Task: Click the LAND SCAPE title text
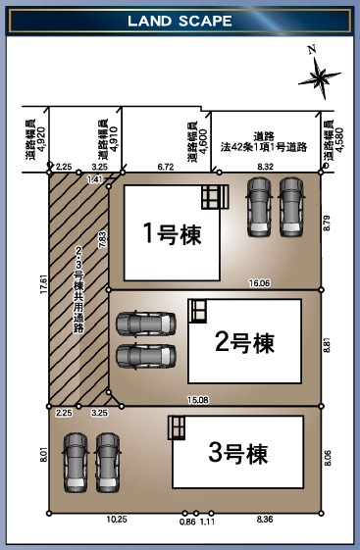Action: click(180, 21)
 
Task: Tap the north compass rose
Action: click(319, 76)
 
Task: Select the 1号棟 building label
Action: click(172, 233)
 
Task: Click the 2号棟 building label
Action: click(244, 342)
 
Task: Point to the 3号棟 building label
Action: click(238, 453)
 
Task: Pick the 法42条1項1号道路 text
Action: click(264, 147)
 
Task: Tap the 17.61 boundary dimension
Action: click(43, 284)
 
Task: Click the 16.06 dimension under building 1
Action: click(259, 283)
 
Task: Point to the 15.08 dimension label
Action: click(198, 400)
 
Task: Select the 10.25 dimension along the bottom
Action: click(117, 520)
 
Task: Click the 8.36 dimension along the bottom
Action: click(265, 520)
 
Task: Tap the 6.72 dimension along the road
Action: click(166, 167)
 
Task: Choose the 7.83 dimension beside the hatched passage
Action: click(104, 239)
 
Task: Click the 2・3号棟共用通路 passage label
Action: click(78, 289)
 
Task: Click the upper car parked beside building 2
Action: click(146, 324)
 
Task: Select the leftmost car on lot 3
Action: click(76, 463)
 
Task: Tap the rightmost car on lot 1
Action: click(291, 207)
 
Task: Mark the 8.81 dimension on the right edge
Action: click(327, 345)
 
